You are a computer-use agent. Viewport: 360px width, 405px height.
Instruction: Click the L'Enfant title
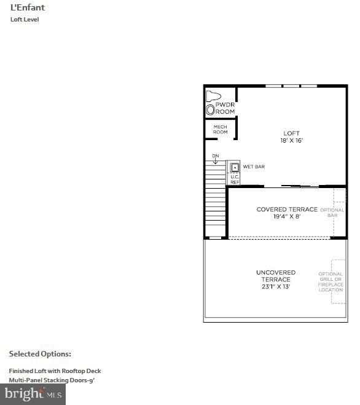pos(28,8)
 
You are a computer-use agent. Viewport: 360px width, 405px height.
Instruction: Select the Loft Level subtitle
pos(25,20)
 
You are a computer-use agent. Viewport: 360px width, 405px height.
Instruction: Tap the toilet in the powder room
pos(213,96)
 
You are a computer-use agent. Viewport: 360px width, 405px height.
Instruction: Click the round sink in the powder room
pos(211,110)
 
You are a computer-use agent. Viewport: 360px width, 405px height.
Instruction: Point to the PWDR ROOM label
pos(225,108)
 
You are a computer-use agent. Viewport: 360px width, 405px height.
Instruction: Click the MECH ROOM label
pos(220,130)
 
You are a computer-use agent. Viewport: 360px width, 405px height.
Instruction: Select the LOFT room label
pos(291,133)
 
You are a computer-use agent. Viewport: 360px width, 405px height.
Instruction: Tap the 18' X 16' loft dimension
pos(291,141)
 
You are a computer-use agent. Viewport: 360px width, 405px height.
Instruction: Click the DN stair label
pos(215,156)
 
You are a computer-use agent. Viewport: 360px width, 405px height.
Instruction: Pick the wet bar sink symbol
pos(234,167)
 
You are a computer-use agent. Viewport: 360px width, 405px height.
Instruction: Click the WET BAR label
pos(254,167)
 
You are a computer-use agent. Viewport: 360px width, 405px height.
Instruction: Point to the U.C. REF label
pos(235,179)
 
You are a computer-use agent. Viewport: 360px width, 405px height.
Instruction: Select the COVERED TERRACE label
pos(287,210)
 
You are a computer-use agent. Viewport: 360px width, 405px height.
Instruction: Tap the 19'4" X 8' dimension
pos(287,217)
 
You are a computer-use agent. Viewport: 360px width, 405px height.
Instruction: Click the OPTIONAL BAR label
pos(332,213)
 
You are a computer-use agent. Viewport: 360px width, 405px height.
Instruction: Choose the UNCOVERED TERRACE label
pos(275,276)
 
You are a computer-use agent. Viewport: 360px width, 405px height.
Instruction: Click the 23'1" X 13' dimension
pos(275,287)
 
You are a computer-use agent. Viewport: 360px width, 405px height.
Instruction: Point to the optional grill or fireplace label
pos(331,282)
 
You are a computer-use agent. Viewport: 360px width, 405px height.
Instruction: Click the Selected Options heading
pos(40,354)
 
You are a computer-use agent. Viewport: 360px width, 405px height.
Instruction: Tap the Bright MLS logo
pos(33,393)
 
